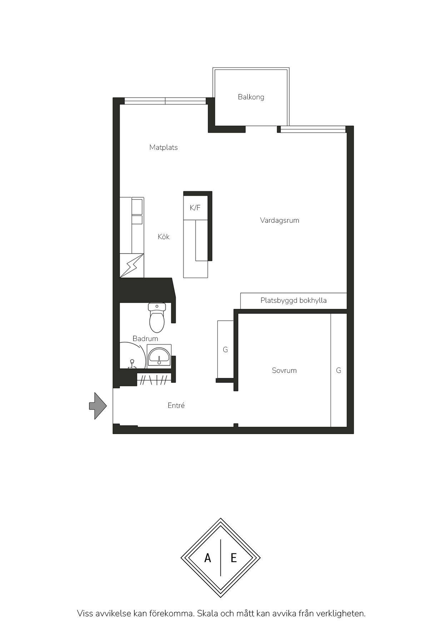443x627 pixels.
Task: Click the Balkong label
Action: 251,97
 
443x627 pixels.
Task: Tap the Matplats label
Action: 163,147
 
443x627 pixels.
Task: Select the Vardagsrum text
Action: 279,220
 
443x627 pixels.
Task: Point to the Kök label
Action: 164,237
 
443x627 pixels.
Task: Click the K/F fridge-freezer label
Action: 195,208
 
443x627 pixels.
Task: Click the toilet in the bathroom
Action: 157,317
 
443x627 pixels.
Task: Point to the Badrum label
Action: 145,339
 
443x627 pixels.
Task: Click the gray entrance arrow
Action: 98,406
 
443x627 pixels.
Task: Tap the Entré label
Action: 176,405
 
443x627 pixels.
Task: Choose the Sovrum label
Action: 284,370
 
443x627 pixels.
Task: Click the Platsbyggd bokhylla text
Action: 293,300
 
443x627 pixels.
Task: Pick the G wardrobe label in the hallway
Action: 225,350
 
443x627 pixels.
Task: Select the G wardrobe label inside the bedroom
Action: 338,370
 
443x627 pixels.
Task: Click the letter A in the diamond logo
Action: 208,558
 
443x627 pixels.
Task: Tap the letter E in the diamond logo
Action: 234,558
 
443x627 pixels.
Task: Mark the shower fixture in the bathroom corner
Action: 132,364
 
